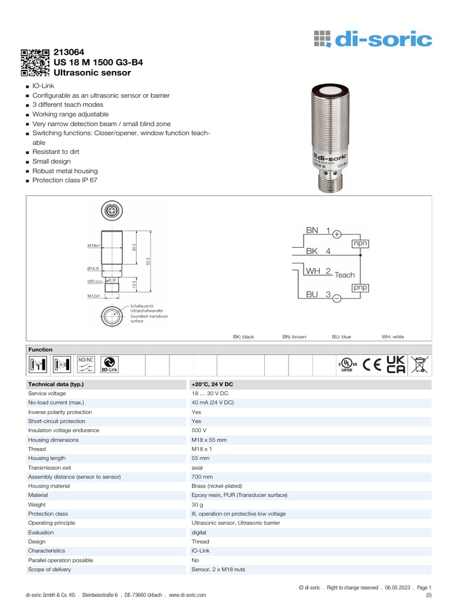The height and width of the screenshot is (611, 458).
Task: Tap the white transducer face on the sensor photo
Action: [329, 91]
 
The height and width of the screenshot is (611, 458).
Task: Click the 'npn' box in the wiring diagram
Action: [360, 243]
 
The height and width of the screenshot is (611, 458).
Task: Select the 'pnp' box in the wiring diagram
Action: [360, 288]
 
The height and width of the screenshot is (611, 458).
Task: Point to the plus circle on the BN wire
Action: [336, 234]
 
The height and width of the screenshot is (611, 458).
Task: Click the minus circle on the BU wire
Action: [336, 298]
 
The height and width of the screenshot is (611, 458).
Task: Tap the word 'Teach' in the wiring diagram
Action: [345, 275]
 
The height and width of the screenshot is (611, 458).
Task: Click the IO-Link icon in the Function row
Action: [109, 365]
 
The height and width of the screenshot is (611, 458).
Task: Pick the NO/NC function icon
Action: [86, 364]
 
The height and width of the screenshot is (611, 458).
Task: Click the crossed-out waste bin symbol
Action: [420, 364]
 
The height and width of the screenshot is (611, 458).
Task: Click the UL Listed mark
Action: [347, 365]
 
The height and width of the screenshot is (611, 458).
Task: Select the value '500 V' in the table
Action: [199, 430]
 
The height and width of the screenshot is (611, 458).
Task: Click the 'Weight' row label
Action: [38, 505]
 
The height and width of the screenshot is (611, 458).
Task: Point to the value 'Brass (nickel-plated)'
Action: [217, 486]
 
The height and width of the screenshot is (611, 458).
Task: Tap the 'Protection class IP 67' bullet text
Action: [65, 180]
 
